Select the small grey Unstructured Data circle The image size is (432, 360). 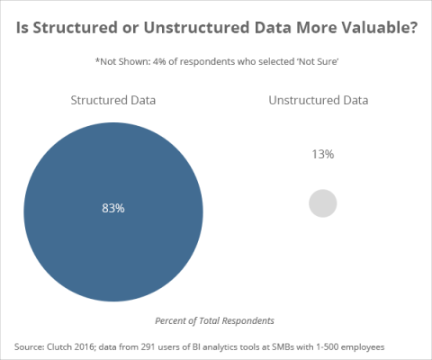322,203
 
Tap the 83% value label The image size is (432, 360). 112,208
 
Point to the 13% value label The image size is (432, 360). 322,154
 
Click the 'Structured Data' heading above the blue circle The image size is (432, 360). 113,99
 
